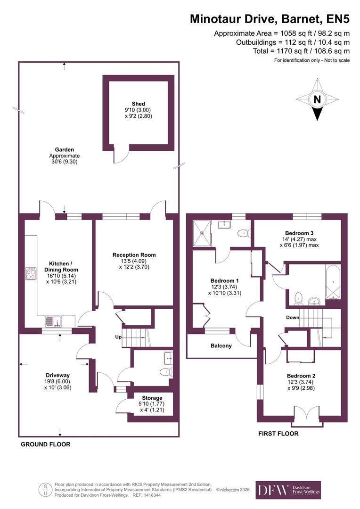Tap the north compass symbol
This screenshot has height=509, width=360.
317,99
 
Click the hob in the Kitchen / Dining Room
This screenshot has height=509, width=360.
32,274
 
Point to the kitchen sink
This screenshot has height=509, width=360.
53,321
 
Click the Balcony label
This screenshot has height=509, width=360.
221,346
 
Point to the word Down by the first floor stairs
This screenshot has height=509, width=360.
293,317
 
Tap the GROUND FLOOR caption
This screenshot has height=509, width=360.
45,444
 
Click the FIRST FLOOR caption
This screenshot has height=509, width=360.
278,434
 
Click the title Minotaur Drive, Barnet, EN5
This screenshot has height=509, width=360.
270,19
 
